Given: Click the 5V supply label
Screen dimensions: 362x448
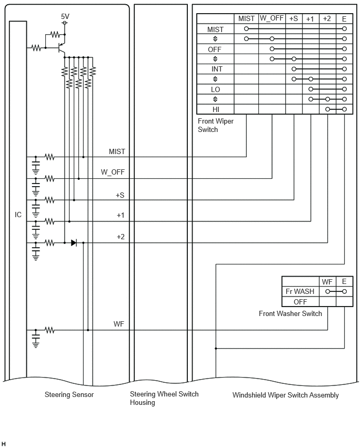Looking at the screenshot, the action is (65, 16).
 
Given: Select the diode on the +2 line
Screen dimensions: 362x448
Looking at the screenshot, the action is (74, 243).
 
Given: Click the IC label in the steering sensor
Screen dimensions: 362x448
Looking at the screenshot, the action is (18, 215).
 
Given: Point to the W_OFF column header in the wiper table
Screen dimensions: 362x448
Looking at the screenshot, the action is (271, 18).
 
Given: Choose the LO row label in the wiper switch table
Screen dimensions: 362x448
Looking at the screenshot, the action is (215, 89).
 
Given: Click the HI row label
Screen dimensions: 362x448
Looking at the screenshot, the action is (216, 109).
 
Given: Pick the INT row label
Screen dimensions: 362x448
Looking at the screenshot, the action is (217, 69).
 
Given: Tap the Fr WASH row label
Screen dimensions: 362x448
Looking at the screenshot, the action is (300, 291).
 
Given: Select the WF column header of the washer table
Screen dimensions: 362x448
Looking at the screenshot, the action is (327, 282).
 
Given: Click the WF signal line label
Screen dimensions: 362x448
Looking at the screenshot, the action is (119, 324).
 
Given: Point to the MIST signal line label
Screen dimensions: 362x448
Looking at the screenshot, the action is (117, 151).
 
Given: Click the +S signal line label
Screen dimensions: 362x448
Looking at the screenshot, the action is (120, 195).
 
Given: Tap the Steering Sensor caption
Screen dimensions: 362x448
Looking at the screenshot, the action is (69, 394).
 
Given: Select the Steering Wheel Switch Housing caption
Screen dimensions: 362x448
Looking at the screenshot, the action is (164, 398).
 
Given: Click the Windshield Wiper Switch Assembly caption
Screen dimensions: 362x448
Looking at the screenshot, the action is (285, 395).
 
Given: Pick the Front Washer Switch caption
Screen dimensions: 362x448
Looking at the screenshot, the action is (290, 313).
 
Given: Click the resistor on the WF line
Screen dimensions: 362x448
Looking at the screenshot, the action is (49, 330).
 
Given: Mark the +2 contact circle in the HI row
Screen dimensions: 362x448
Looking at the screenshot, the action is (328, 109).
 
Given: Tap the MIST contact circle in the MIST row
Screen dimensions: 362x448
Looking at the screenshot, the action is (246, 28).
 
